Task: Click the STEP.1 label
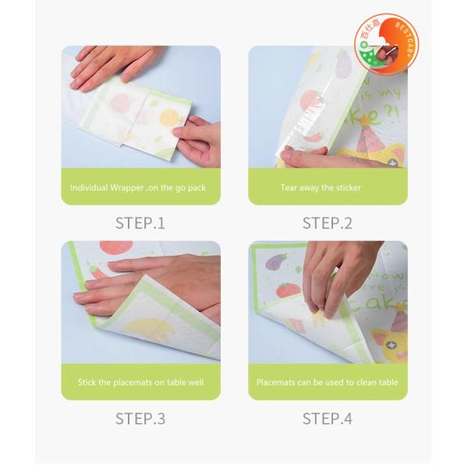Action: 140,223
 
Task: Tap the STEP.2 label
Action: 328,223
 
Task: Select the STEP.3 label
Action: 140,418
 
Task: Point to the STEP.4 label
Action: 328,418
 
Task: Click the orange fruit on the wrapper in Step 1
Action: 170,117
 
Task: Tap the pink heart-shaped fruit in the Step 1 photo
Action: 121,103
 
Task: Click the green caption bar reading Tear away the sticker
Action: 328,188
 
